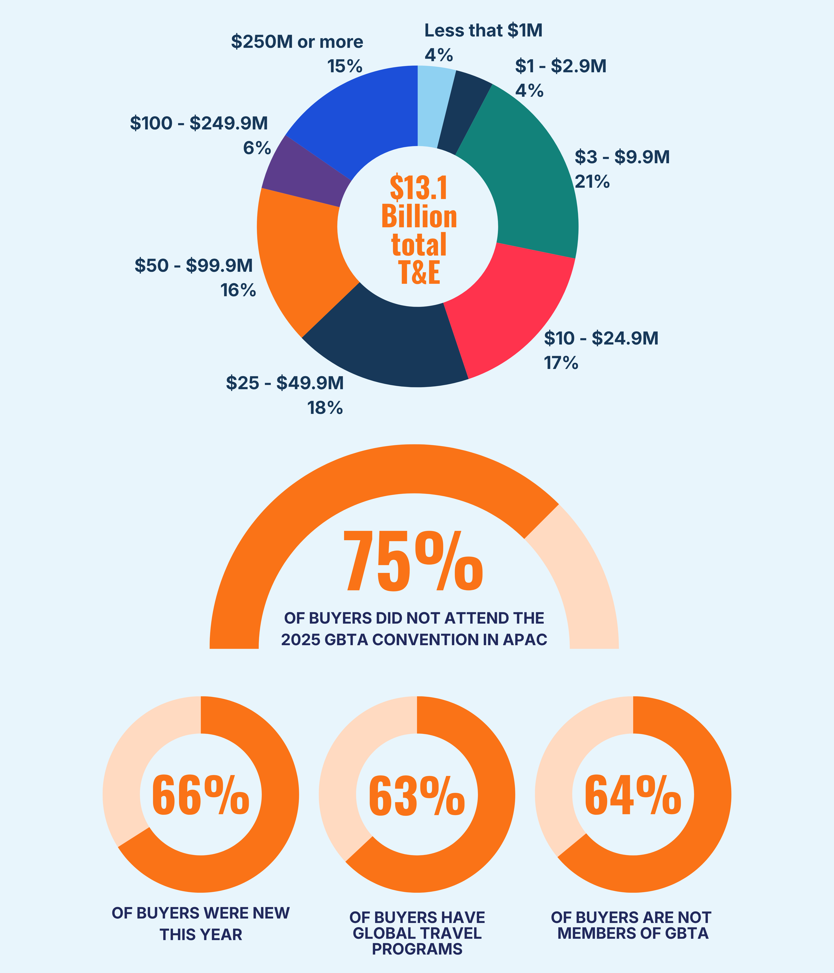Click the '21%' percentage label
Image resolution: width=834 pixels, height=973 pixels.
(x=592, y=181)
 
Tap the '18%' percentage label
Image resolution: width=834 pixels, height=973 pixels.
(x=325, y=408)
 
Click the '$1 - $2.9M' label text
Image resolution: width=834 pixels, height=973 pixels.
(x=561, y=66)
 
